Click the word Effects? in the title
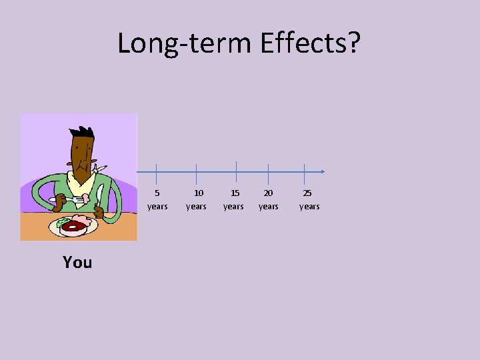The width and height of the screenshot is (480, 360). click(310, 43)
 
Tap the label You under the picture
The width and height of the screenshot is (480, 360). click(77, 263)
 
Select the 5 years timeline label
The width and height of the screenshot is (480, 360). click(157, 200)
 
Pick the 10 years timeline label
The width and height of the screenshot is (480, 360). click(196, 200)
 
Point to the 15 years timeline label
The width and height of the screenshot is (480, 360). click(233, 200)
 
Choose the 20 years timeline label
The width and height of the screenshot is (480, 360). click(269, 200)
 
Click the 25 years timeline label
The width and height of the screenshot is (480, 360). click(309, 200)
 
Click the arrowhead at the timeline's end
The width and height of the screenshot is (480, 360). click(322, 172)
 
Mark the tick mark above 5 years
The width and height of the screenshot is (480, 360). click(156, 172)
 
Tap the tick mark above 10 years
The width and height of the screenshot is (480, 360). click(196, 172)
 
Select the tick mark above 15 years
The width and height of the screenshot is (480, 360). click(237, 171)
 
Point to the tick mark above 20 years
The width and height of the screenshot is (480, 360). click(268, 172)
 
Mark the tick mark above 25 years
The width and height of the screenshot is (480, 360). click(304, 172)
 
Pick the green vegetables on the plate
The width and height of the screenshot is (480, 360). click(62, 222)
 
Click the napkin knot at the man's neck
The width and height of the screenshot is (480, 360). click(97, 169)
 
